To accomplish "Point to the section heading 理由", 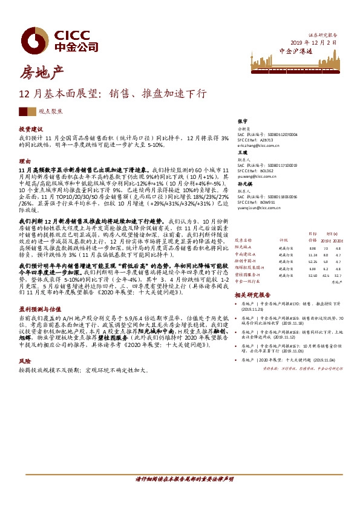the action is click(x=24, y=161).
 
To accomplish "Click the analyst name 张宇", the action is click(x=243, y=122).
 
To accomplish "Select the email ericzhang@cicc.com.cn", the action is click(x=259, y=146).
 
